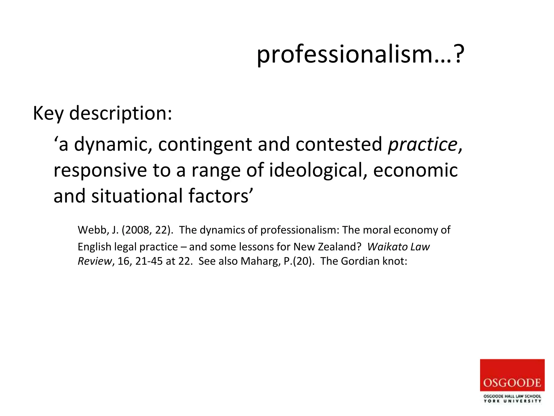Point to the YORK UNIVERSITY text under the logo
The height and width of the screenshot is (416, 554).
[x=512, y=401]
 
